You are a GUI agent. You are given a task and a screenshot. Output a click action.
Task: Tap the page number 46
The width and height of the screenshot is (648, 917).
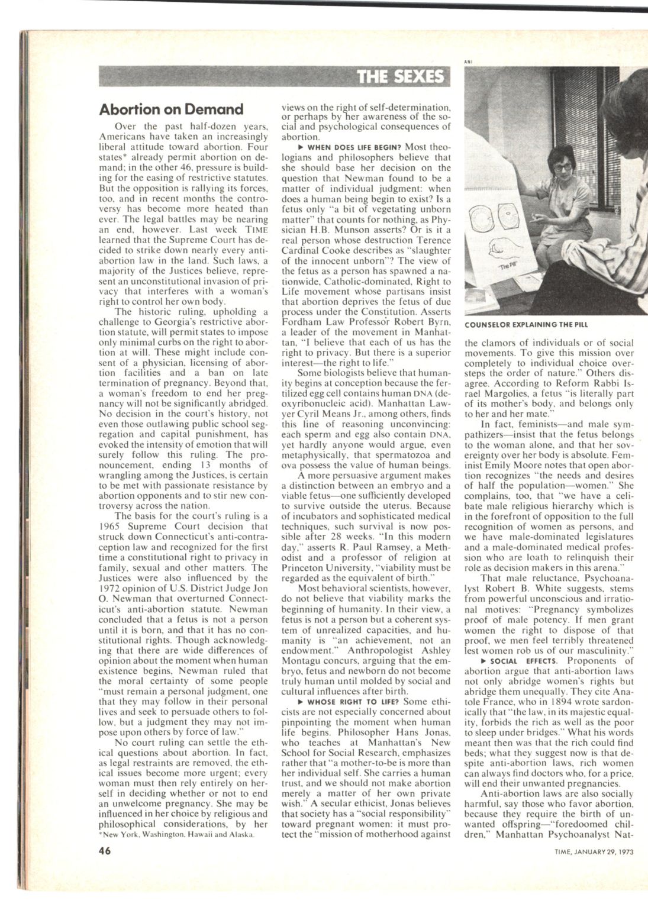(105, 851)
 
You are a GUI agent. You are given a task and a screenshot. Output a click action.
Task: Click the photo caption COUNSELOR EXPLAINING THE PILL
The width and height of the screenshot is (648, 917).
(526, 324)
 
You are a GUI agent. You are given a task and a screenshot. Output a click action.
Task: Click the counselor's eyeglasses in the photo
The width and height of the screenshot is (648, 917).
(562, 167)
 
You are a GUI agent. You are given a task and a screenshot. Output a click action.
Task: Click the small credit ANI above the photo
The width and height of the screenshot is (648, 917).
(468, 60)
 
